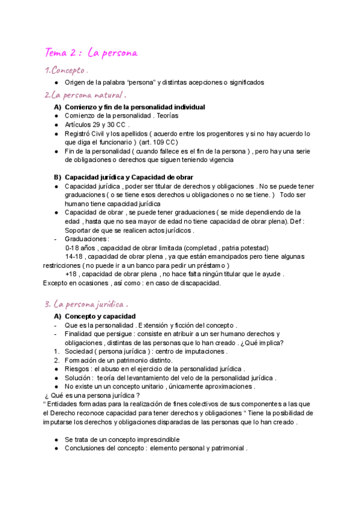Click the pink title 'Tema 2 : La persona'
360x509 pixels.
click(91, 53)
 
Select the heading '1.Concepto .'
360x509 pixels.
click(67, 71)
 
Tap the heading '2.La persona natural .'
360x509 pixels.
click(85, 95)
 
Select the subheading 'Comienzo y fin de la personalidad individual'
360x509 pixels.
click(134, 107)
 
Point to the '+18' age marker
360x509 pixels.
click(71, 274)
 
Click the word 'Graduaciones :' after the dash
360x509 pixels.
click(87, 239)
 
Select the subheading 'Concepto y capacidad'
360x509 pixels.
click(100, 316)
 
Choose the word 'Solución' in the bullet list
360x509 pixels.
click(79, 378)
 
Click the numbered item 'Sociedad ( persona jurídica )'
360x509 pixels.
click(110, 351)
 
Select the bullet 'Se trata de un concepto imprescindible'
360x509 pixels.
click(122, 439)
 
